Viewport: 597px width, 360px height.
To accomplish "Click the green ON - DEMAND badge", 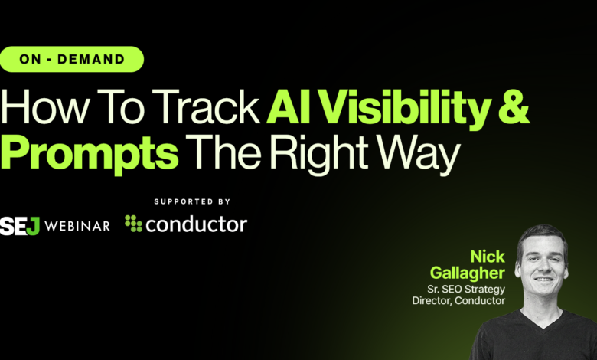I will [x=73, y=59].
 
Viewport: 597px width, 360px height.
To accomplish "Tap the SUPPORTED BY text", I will [x=193, y=202].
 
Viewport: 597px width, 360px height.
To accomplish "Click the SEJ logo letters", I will [x=20, y=226].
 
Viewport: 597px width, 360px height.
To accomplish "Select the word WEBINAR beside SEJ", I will [x=76, y=226].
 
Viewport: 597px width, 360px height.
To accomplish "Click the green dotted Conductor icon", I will [x=134, y=224].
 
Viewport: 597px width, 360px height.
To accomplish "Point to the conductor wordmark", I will [x=196, y=224].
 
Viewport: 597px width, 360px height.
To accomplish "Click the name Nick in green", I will [x=488, y=256].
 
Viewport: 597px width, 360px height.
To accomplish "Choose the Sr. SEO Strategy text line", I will [x=467, y=289].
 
